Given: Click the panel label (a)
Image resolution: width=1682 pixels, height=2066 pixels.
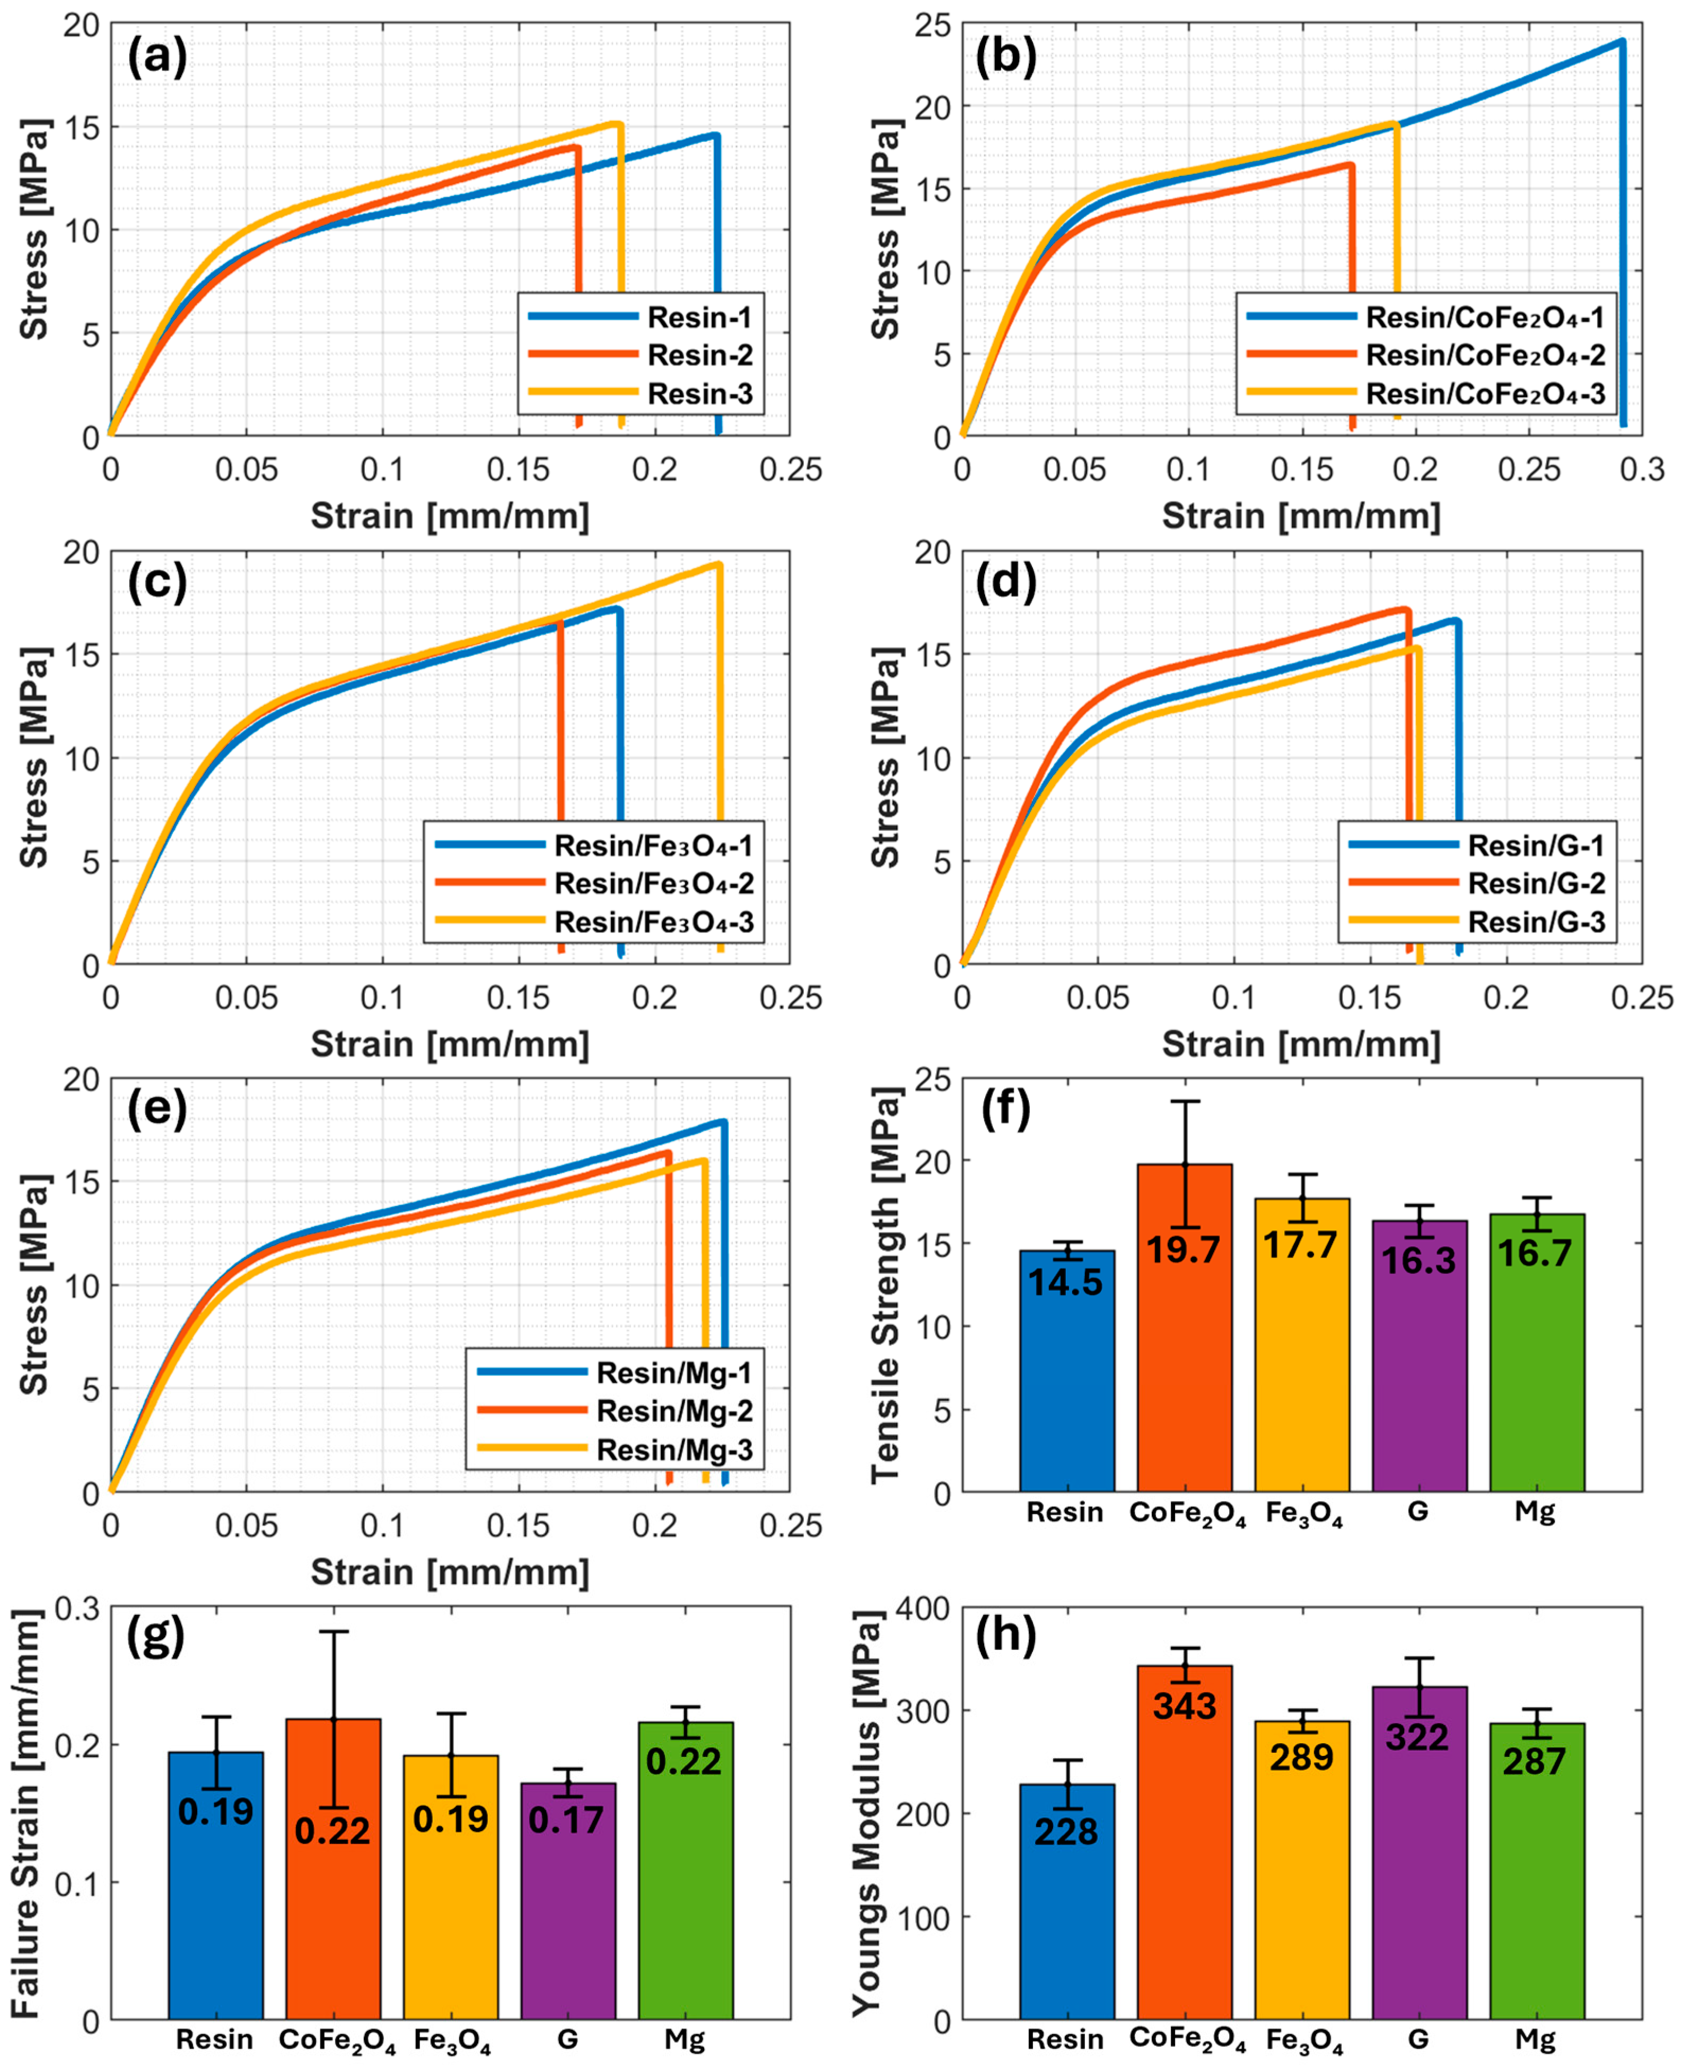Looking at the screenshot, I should click(x=157, y=58).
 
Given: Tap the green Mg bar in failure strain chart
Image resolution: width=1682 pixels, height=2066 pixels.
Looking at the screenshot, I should click(x=685, y=1899).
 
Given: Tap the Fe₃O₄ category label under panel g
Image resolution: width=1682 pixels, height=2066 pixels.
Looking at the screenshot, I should click(x=451, y=2041).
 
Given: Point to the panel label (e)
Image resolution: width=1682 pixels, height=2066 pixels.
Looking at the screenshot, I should click(x=157, y=1108).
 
